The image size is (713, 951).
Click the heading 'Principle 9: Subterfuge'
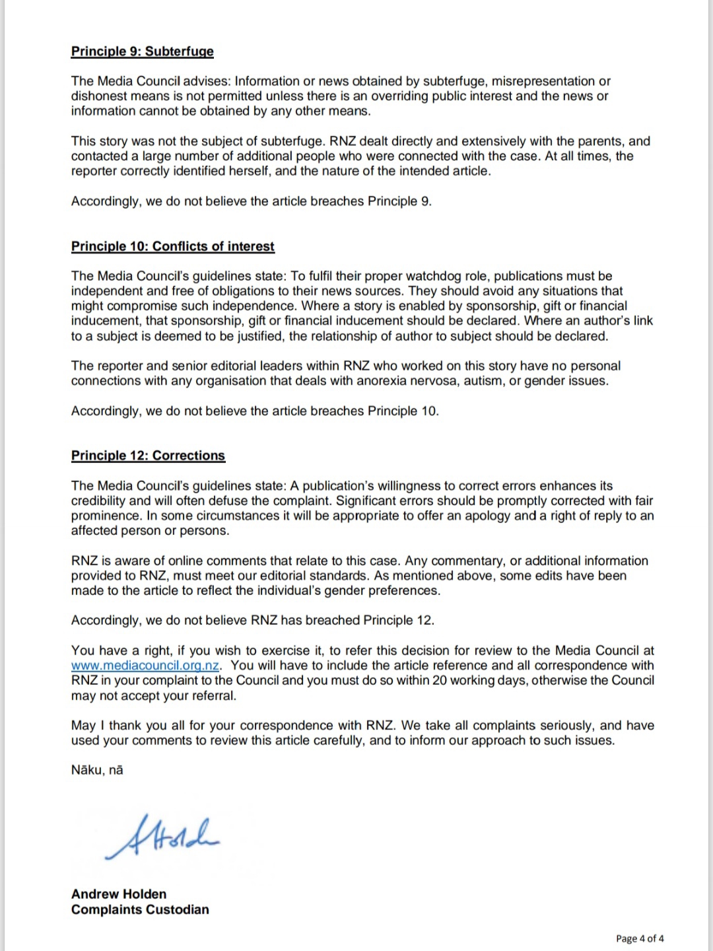143,52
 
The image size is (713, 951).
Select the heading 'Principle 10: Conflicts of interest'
173,246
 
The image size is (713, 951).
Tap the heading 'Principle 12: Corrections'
148,456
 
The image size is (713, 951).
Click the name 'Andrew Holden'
119,894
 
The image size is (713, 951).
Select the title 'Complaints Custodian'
140,909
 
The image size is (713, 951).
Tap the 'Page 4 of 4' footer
640,938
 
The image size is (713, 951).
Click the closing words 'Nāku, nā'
97,770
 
